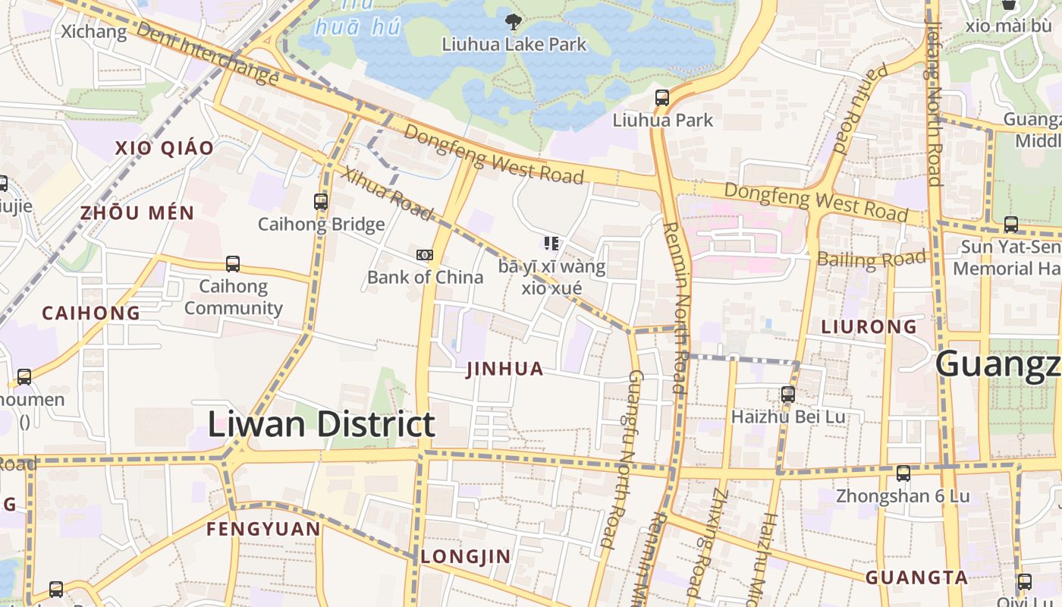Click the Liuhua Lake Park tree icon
(514, 21)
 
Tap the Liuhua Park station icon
(662, 98)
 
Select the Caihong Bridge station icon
(321, 202)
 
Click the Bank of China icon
(425, 255)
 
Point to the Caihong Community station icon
(233, 264)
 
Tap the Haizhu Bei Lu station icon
(788, 395)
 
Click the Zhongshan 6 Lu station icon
(903, 473)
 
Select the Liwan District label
(321, 424)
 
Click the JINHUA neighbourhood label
(504, 370)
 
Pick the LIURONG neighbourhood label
(869, 327)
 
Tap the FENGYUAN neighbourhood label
(263, 529)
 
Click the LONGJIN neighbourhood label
(466, 556)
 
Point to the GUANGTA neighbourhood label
(916, 577)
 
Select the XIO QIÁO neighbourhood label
(165, 148)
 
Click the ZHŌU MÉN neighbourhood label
(137, 213)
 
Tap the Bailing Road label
(872, 259)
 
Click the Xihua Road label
(386, 193)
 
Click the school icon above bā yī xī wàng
(551, 244)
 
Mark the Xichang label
(93, 32)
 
